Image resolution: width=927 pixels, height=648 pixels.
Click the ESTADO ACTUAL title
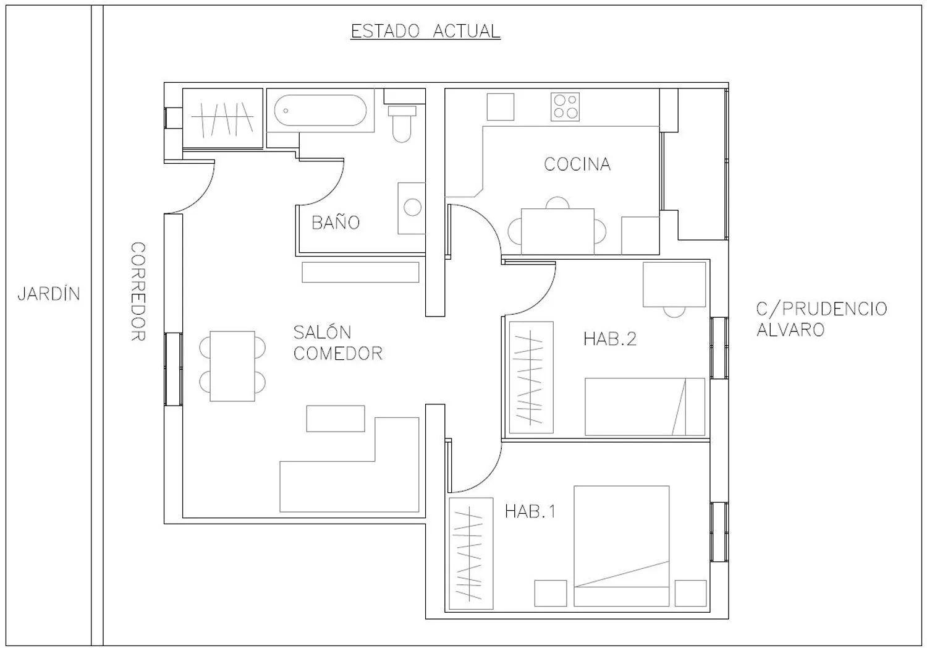425,31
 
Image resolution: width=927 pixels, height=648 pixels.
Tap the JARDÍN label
49,294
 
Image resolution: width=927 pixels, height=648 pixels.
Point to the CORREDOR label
138,291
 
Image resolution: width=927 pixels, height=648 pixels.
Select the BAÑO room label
336,223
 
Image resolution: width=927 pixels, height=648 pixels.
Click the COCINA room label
577,164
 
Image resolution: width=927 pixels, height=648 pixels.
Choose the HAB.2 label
609,339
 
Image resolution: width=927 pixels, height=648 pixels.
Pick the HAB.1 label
530,511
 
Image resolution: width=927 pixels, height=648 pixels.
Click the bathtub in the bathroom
320,110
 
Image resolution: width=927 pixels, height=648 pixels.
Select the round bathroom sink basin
413,207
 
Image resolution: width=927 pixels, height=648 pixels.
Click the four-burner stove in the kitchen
565,107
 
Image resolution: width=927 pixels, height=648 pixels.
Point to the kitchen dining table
557,231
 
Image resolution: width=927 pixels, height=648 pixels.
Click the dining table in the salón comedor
232,366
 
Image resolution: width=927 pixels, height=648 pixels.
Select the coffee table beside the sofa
336,419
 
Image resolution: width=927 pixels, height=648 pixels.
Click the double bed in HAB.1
621,546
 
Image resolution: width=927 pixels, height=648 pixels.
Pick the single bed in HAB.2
645,407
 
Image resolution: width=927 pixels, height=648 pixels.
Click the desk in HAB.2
674,284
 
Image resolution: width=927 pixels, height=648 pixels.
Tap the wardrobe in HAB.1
471,553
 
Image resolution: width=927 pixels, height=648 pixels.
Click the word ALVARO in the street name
790,330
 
